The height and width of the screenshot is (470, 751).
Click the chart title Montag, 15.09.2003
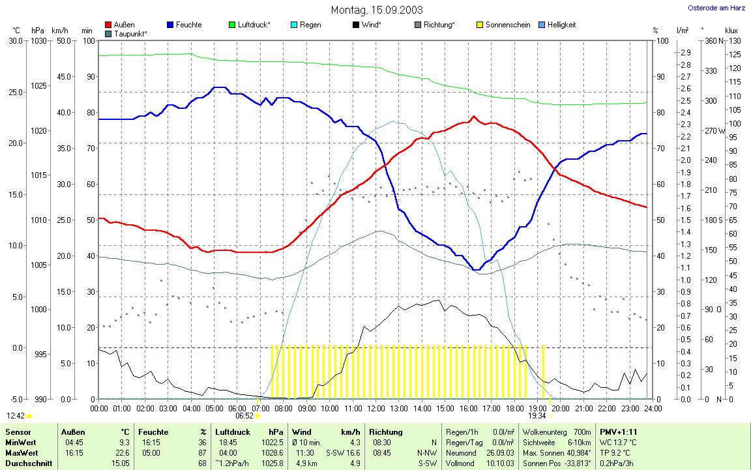coord(377,10)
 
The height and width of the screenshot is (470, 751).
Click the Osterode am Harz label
coord(716,8)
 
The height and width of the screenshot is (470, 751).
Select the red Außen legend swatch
coord(108,25)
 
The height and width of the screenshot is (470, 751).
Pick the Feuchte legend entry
coord(188,25)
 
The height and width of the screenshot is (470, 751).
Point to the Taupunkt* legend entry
coord(130,33)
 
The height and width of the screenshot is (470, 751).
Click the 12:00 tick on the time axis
coord(375,408)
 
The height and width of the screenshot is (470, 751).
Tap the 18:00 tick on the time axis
coord(514,408)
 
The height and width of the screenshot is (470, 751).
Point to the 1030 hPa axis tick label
coord(38,41)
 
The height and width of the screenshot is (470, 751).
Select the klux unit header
coord(731,31)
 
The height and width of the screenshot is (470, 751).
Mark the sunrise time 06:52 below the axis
coord(244,415)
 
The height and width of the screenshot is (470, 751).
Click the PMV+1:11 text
coord(618,432)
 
